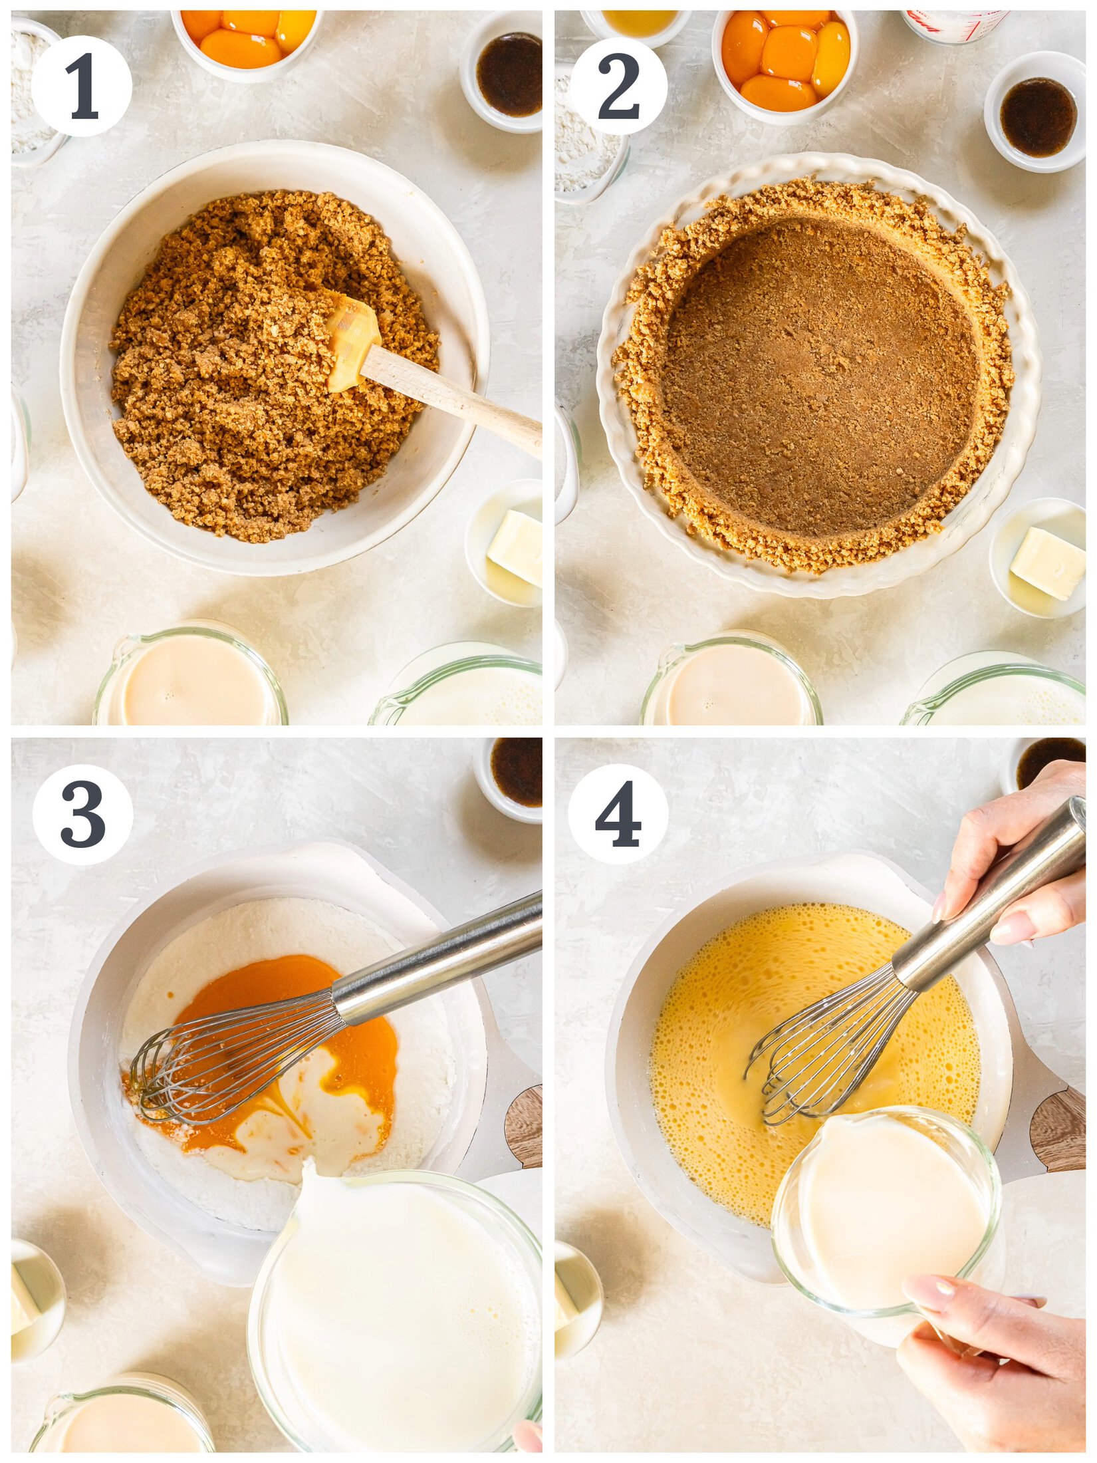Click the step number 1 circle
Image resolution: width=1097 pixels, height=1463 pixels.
(x=81, y=86)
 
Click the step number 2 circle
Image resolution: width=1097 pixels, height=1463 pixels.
(x=618, y=86)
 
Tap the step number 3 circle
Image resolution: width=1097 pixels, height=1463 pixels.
(x=82, y=814)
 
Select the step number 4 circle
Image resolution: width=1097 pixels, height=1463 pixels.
(x=618, y=814)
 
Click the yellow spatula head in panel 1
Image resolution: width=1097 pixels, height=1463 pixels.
(x=352, y=342)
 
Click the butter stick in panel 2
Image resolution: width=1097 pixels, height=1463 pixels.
(x=1048, y=563)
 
